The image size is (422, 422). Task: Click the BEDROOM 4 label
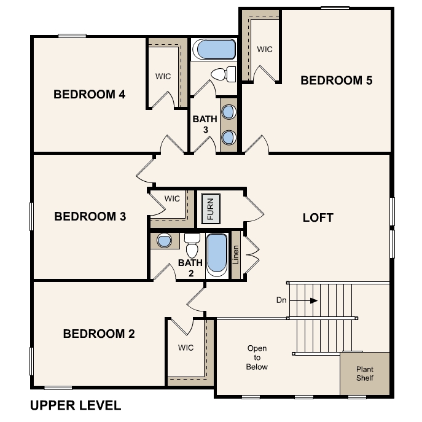(90, 95)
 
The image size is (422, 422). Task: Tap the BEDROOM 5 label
(336, 80)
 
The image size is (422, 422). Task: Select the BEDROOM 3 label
(90, 216)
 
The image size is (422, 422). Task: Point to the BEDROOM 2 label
(99, 334)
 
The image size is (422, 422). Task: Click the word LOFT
(318, 218)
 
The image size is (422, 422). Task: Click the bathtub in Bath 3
(213, 50)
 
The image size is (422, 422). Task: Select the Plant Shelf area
(365, 373)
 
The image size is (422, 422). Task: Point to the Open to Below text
(257, 358)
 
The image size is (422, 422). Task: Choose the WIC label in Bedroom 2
(186, 348)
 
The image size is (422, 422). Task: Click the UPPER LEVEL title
(76, 405)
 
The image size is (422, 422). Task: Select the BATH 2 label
(190, 268)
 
